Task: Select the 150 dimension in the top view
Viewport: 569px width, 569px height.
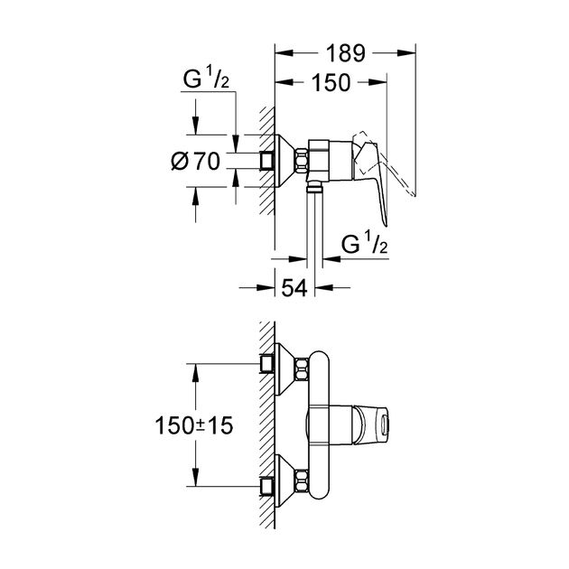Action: (x=332, y=83)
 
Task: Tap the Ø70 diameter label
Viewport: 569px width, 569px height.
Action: (x=195, y=163)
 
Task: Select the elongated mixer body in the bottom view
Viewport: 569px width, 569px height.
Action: (x=318, y=423)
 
